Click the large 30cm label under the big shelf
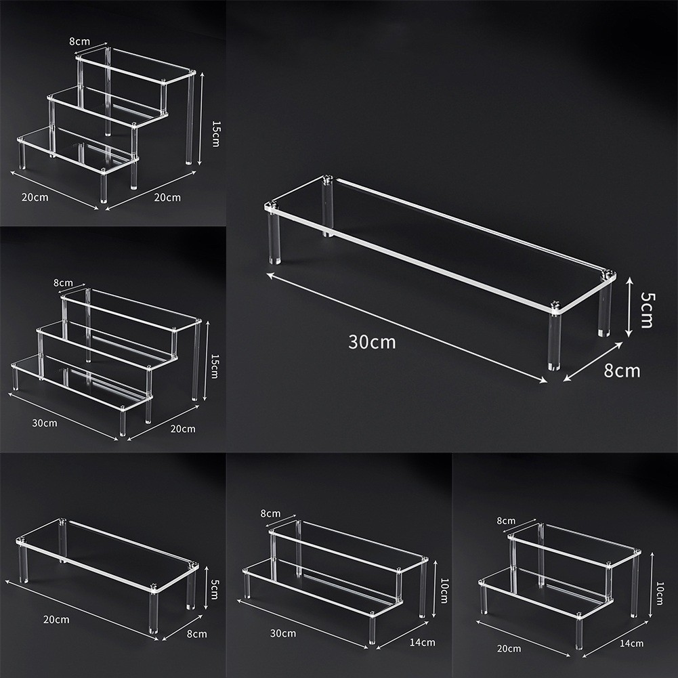click(372, 342)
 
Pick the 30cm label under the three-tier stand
click(45, 423)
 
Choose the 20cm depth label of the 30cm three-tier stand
click(183, 428)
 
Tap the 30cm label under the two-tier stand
click(282, 633)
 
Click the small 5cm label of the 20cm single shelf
click(215, 591)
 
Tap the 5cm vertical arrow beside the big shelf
click(629, 306)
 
